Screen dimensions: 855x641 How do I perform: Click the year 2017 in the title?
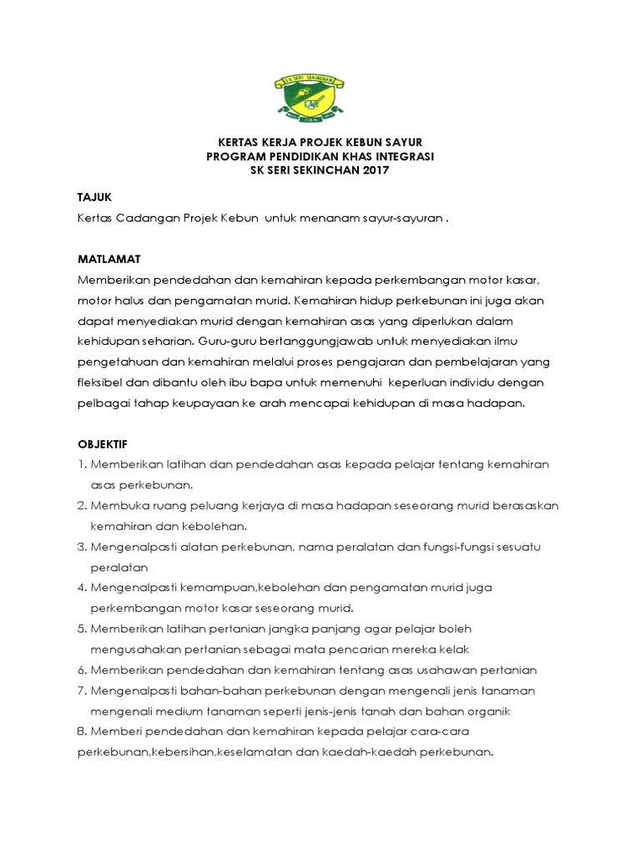(375, 170)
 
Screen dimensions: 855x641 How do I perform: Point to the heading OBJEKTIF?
(103, 443)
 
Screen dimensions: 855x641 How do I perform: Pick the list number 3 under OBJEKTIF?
(82, 547)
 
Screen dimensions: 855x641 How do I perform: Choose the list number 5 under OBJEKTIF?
(82, 629)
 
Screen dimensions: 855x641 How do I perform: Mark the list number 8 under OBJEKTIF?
(82, 731)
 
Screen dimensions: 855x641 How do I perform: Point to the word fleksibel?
(103, 382)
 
